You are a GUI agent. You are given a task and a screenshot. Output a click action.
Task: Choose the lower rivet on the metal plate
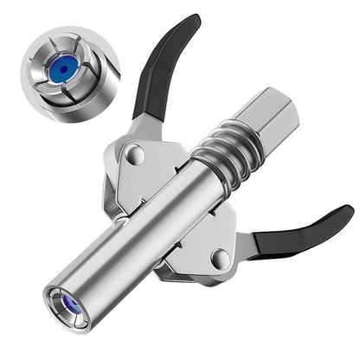(220, 258)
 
